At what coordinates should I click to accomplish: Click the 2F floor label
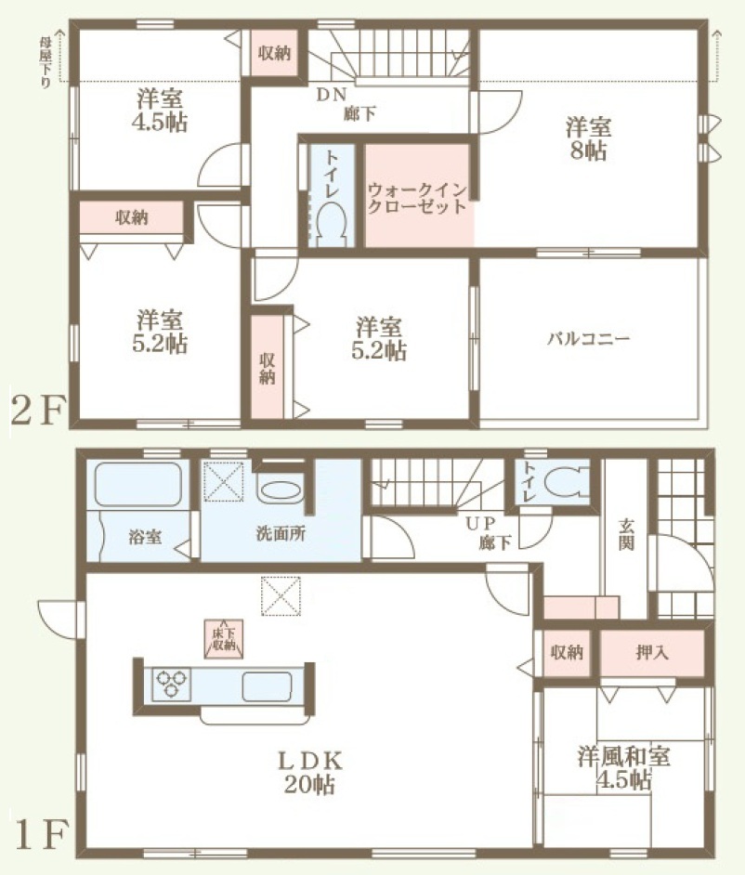coord(38,411)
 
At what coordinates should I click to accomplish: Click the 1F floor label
coord(41,834)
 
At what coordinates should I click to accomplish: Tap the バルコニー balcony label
coord(588,338)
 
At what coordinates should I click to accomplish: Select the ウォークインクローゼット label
coord(417,199)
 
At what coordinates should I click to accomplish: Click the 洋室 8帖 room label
coord(588,139)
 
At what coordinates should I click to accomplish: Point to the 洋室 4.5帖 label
coord(160,110)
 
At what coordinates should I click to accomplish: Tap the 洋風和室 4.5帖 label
coord(623,768)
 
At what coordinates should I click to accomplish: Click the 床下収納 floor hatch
coord(223,639)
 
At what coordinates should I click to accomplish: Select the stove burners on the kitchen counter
coord(171,684)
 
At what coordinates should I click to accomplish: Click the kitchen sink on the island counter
coord(268,686)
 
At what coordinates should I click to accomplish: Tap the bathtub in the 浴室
coord(137,484)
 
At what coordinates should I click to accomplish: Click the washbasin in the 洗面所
coord(281,491)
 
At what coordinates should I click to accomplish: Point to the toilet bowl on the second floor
coord(332,221)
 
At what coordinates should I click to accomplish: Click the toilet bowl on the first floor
coord(564,484)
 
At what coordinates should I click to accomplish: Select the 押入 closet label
coord(652,652)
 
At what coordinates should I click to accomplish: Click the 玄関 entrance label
coord(626,534)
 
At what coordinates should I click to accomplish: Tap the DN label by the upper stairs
coord(332,95)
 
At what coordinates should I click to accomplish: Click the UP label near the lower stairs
coord(481,523)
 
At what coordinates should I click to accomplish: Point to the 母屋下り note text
coord(45,62)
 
